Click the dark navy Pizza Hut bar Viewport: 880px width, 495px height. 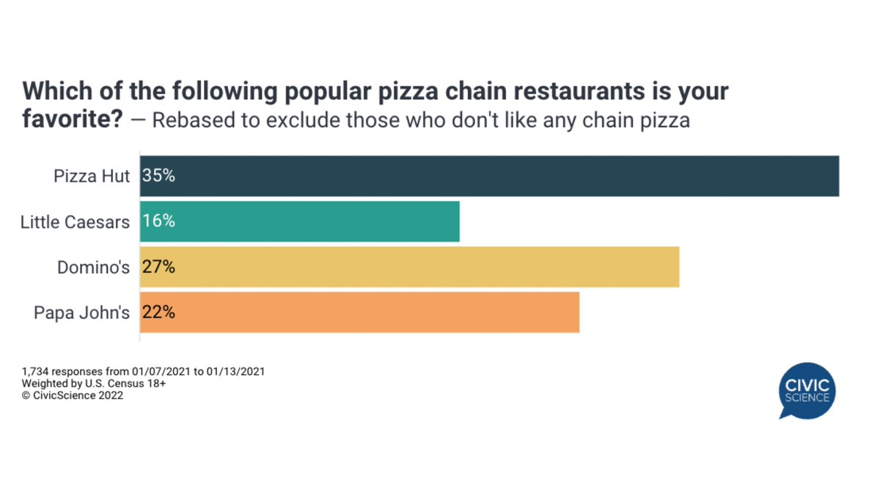(489, 176)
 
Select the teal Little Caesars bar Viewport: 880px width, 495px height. (299, 221)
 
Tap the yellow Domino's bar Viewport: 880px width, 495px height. (409, 267)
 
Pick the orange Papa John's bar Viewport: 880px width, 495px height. (359, 312)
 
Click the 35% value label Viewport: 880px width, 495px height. (158, 176)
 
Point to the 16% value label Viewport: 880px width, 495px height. (158, 221)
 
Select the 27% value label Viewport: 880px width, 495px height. (158, 267)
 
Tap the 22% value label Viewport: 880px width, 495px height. (158, 312)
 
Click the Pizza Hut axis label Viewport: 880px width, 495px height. (92, 177)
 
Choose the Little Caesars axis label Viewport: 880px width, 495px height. (75, 222)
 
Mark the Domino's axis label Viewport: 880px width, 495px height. (93, 268)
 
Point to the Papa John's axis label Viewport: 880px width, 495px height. (81, 313)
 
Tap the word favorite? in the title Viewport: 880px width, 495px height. (72, 119)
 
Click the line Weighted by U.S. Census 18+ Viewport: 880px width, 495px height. (94, 384)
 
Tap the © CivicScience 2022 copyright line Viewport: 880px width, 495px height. (73, 395)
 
